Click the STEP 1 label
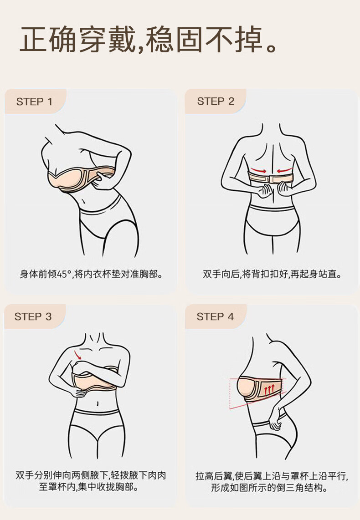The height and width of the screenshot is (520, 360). [34, 102]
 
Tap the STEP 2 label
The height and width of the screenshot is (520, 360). [216, 101]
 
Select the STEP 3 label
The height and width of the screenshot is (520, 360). [33, 316]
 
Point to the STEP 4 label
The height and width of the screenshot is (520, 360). [215, 316]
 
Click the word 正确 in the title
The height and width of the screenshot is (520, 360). [48, 40]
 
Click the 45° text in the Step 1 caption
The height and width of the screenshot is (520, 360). [64, 275]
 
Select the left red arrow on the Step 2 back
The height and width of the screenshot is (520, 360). [258, 170]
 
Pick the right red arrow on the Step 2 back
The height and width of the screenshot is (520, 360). [285, 171]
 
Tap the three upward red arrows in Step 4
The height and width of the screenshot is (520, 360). [269, 389]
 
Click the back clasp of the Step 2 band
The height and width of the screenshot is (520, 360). [271, 179]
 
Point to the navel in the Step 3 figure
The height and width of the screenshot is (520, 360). [97, 404]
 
